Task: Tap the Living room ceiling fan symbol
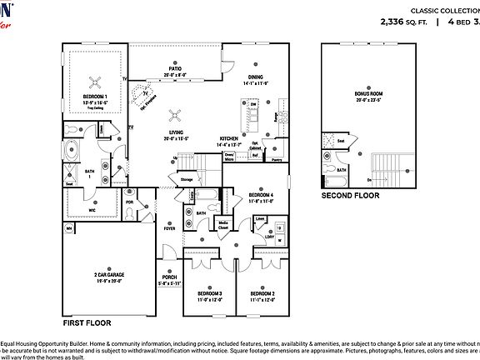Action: point(176,115)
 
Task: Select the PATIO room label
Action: point(175,70)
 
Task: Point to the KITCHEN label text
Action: point(229,138)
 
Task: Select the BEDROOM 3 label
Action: point(209,293)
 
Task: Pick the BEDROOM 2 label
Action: point(261,293)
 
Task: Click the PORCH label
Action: point(170,278)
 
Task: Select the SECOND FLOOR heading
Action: point(351,196)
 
